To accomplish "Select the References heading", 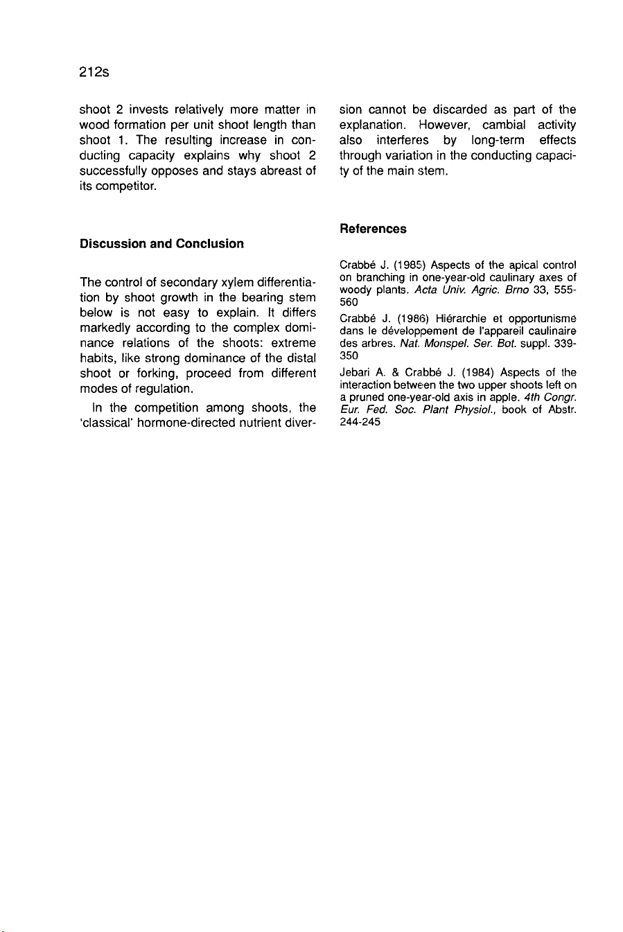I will click(x=373, y=229).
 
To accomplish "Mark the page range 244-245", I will click(x=360, y=422).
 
